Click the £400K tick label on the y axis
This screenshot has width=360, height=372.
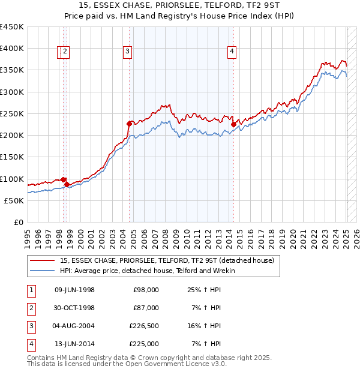pyautogui.click(x=12, y=49)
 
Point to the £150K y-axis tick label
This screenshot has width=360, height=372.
pyautogui.click(x=12, y=157)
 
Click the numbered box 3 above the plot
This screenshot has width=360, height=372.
pyautogui.click(x=128, y=52)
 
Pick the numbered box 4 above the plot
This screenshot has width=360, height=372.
pyautogui.click(x=231, y=52)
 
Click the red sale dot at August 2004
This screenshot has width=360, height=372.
pyautogui.click(x=129, y=124)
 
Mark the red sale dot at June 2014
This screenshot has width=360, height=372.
pyautogui.click(x=233, y=125)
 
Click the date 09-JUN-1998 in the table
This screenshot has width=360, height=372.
pyautogui.click(x=74, y=290)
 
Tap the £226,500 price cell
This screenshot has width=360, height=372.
pyautogui.click(x=144, y=326)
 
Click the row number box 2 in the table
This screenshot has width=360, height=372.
pyautogui.click(x=31, y=308)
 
